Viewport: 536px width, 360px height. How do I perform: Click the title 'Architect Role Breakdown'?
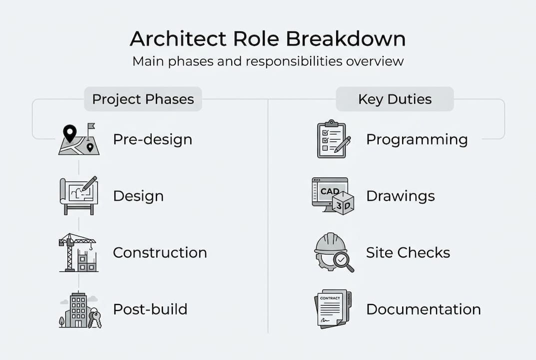tap(267, 39)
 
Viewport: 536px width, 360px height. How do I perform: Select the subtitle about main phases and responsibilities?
tap(267, 62)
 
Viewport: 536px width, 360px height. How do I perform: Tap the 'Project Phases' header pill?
tap(143, 99)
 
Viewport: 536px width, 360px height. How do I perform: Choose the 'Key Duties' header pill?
tap(395, 99)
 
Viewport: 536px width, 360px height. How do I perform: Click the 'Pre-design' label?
tap(152, 139)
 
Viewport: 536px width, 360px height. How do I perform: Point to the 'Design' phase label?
tap(138, 196)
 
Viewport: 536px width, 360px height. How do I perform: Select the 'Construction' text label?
tap(160, 252)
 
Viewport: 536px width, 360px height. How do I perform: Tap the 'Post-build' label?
tap(150, 309)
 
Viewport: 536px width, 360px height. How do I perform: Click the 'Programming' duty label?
tap(417, 139)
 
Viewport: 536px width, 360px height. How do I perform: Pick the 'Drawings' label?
tap(400, 196)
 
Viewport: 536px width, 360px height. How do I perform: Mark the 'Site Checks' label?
tap(408, 252)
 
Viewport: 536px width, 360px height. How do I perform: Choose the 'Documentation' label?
tap(423, 309)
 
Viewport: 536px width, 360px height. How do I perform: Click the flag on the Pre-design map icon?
tap(90, 127)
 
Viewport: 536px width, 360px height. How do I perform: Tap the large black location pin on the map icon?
tap(69, 133)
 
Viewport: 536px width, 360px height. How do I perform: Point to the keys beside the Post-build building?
tap(94, 318)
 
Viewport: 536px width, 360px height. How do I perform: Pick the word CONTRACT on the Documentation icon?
tap(330, 298)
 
